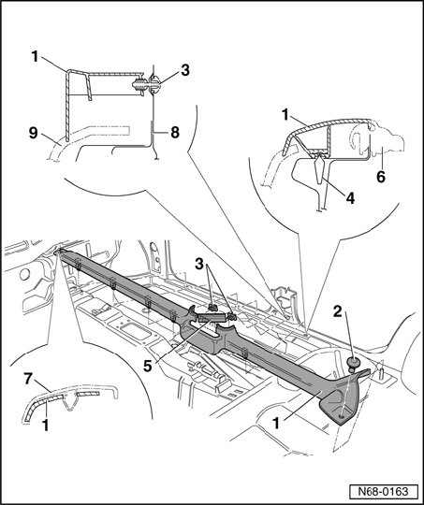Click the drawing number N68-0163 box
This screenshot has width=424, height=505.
tap(384, 492)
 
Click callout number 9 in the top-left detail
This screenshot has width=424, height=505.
tap(33, 133)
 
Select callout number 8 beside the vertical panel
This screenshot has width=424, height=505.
tap(175, 133)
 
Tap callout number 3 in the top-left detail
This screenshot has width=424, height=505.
tap(185, 70)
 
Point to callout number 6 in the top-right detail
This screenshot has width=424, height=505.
tap(381, 177)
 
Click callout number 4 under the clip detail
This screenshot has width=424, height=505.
tap(350, 198)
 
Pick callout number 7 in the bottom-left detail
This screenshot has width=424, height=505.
tap(28, 379)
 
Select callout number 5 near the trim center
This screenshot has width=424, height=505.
tap(148, 367)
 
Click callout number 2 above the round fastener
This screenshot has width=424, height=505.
tap(337, 311)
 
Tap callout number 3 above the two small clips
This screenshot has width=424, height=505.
tap(199, 264)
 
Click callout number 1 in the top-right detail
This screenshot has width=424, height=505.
tap(285, 115)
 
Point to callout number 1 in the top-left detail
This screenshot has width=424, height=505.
tap(35, 57)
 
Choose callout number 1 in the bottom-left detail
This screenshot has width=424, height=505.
tap(46, 426)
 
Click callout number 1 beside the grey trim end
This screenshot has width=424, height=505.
tap(276, 424)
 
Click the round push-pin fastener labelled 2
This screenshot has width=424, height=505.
tap(354, 364)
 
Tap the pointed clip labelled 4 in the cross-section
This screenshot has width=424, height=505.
tap(319, 168)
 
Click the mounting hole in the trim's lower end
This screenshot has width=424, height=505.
tap(342, 417)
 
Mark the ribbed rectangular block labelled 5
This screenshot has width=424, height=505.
tap(212, 318)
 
